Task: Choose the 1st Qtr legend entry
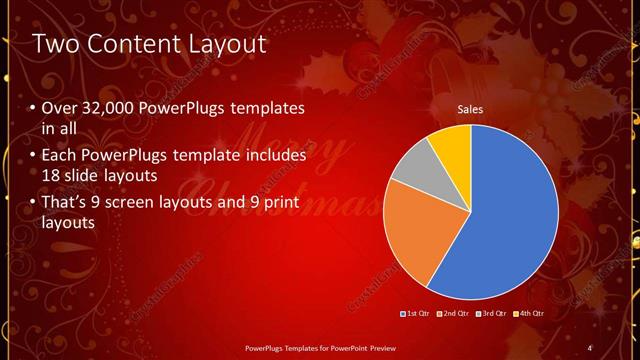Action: [415, 314]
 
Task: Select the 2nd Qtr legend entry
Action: [453, 314]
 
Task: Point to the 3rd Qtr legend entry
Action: [491, 314]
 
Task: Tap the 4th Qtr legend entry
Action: [530, 314]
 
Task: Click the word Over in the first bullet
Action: [60, 109]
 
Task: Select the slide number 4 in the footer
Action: [590, 347]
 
